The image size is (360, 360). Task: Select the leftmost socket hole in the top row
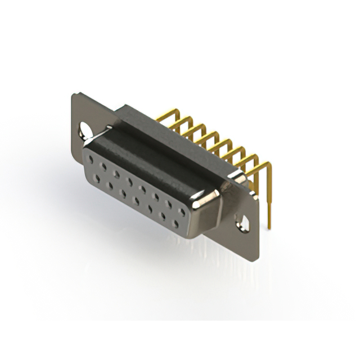pos(89,160)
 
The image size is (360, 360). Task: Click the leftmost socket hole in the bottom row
pos(98,179)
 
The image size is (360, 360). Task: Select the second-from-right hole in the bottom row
pos(164,218)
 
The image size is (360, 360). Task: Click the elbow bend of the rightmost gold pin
pos(269,165)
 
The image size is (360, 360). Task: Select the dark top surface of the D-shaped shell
pos(152,160)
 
